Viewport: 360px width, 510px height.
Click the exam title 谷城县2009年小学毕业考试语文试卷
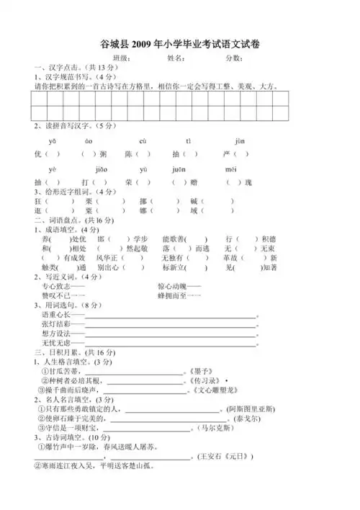[181, 45]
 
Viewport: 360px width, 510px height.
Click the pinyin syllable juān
[179, 169]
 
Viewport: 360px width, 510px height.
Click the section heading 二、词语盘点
[60, 229]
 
